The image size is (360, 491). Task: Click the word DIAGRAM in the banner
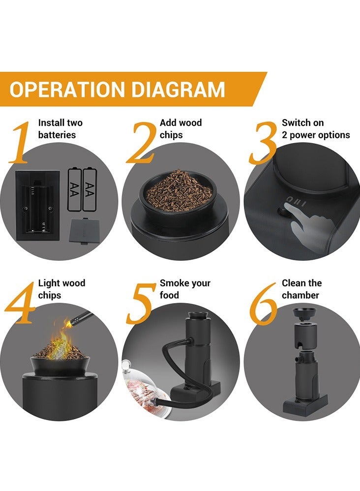pyautogui.click(x=177, y=90)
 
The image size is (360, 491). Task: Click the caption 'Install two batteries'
pyautogui.click(x=60, y=129)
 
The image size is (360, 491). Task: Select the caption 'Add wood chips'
pyautogui.click(x=180, y=129)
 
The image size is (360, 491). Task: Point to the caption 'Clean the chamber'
pyautogui.click(x=301, y=289)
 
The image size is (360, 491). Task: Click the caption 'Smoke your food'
pyautogui.click(x=184, y=289)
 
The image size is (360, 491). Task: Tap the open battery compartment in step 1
pyautogui.click(x=38, y=205)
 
